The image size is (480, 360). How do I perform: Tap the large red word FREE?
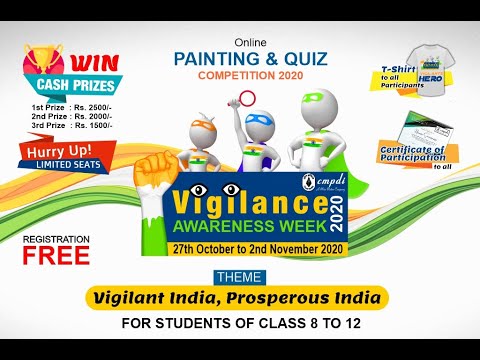pyautogui.click(x=57, y=255)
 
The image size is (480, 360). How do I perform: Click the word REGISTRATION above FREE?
pyautogui.click(x=56, y=239)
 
